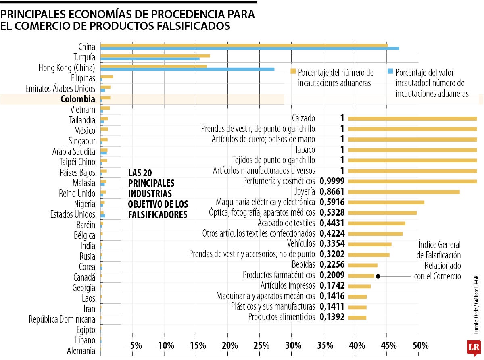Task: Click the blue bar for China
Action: click(250, 48)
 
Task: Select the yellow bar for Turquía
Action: click(155, 56)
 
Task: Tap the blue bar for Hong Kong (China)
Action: click(187, 69)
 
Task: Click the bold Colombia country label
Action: click(78, 99)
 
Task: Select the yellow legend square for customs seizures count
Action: click(293, 72)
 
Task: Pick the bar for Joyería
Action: click(404, 192)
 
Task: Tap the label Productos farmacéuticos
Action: click(279, 275)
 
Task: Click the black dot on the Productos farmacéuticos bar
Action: click(378, 276)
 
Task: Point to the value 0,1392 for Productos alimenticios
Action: click(332, 317)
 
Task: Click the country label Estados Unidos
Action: click(73, 214)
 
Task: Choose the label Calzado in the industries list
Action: click(303, 118)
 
